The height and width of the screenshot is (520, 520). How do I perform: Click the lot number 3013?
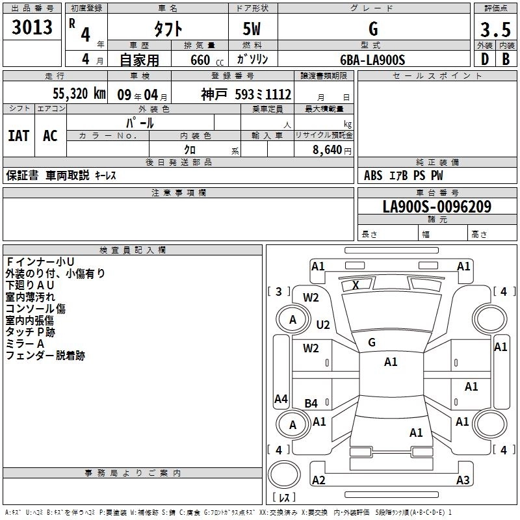32,27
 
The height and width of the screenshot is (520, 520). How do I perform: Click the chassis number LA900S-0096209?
436,207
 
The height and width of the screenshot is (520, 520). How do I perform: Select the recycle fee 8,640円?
331,149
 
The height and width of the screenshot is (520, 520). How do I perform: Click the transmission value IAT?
18,135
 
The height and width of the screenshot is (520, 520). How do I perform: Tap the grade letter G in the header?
372,29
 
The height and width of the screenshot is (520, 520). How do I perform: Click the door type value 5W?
252,30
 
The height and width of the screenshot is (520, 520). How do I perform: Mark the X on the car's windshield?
356,285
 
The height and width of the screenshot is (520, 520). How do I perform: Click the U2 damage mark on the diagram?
323,324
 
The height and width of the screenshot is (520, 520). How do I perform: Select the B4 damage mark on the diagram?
311,404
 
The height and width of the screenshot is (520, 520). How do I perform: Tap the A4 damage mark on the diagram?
281,399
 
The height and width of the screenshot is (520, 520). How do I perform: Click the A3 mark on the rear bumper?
463,480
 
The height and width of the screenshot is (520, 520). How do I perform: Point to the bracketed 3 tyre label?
279,292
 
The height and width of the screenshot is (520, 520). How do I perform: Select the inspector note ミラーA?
24,344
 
